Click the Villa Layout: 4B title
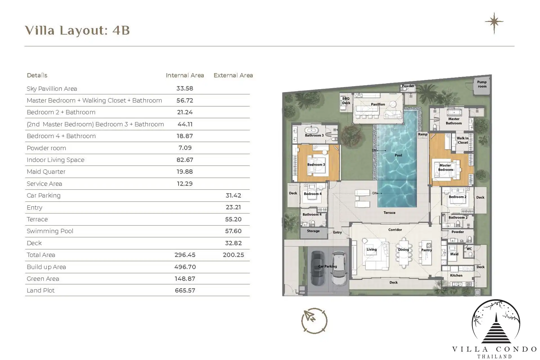click(77, 30)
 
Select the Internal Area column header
click(185, 75)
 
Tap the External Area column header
click(233, 75)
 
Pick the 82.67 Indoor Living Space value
click(185, 160)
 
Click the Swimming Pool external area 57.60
click(233, 231)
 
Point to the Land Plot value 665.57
click(185, 291)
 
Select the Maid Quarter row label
click(46, 172)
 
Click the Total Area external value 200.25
click(233, 255)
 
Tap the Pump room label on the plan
click(482, 84)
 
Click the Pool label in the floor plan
click(398, 155)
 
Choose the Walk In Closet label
click(463, 140)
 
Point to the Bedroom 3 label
click(316, 165)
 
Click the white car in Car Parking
click(339, 268)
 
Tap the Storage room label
click(313, 231)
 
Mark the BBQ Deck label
click(346, 101)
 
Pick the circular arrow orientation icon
click(314, 321)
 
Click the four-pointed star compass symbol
click(494, 22)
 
